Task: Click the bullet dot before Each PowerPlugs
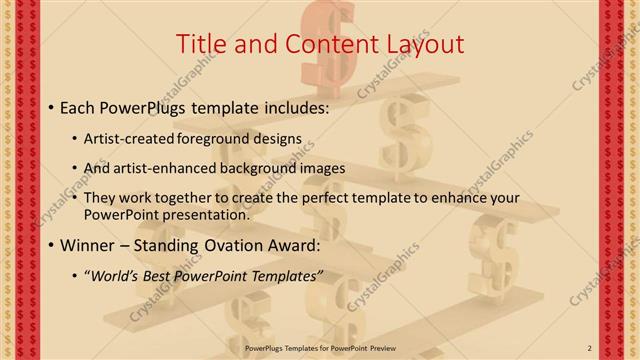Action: point(51,106)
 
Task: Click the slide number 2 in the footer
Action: point(589,348)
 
